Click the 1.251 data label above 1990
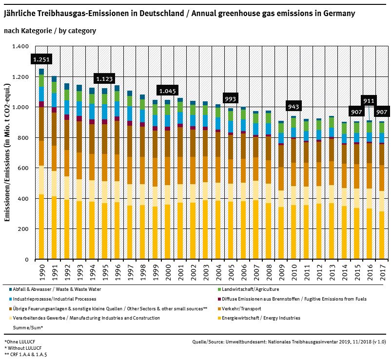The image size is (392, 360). point(41,59)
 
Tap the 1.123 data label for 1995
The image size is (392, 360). point(104,78)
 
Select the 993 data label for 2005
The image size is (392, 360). point(231,99)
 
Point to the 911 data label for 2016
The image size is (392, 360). point(369,101)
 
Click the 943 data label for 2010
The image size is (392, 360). point(294,107)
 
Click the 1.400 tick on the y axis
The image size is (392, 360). point(21,46)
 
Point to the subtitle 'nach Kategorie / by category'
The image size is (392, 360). point(50,31)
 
